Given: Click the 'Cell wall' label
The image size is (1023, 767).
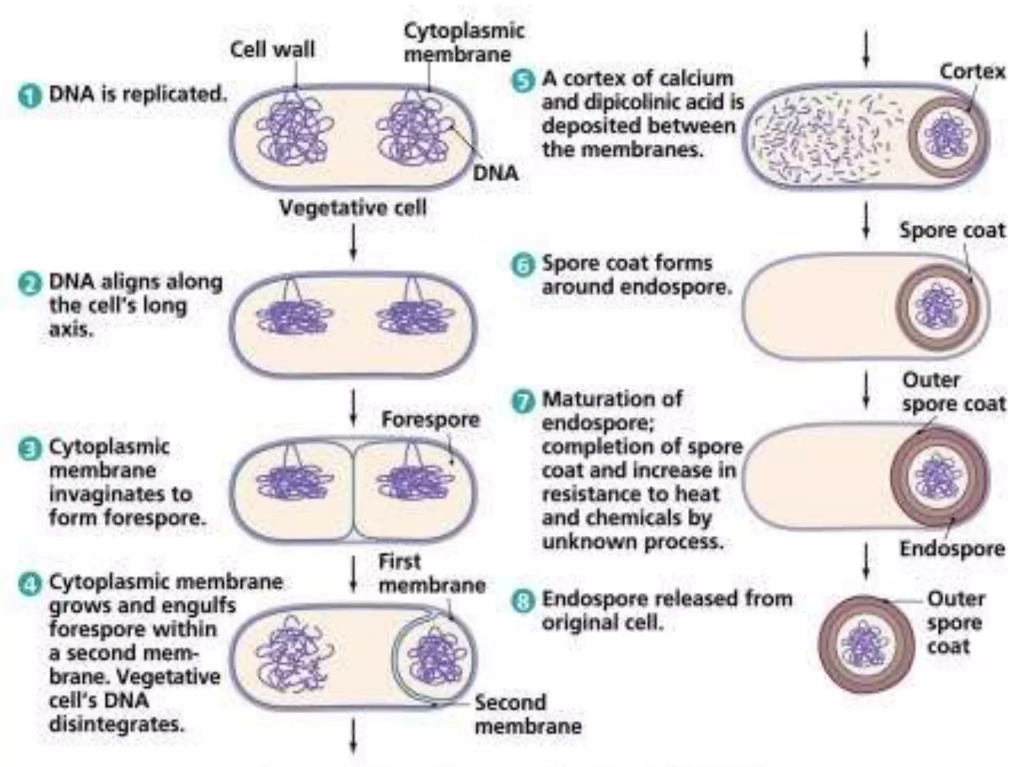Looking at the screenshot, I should (x=272, y=49).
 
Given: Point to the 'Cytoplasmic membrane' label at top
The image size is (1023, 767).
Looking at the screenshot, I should (x=464, y=42).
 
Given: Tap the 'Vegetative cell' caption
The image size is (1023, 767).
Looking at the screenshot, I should (x=353, y=208).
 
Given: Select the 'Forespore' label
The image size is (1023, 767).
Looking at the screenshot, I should (x=430, y=419).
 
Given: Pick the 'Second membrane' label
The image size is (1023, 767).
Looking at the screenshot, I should (x=527, y=714).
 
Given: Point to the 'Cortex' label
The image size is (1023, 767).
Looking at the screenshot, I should (x=972, y=71).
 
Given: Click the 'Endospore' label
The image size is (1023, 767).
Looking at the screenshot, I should (x=952, y=549).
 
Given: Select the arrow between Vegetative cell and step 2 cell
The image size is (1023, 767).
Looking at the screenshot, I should (x=353, y=242).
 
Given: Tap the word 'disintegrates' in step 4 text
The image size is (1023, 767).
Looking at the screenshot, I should (x=117, y=724).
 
